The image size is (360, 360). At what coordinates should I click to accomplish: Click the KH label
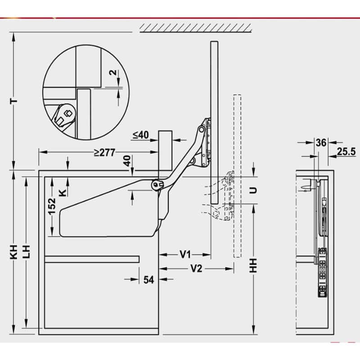pyautogui.click(x=14, y=255)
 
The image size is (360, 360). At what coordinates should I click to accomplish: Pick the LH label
pyautogui.click(x=28, y=255)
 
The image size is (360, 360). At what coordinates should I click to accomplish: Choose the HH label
pyautogui.click(x=254, y=265)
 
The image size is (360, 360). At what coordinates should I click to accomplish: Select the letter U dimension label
pyautogui.click(x=254, y=189)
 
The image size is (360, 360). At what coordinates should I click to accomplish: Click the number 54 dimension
pyautogui.click(x=149, y=280)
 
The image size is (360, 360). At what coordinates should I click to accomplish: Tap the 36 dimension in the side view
pyautogui.click(x=321, y=143)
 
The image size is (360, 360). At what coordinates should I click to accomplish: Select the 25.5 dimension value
pyautogui.click(x=346, y=152)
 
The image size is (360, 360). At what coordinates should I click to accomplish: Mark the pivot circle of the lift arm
pyautogui.click(x=157, y=184)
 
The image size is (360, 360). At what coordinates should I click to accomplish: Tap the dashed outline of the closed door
pyautogui.click(x=238, y=175)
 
